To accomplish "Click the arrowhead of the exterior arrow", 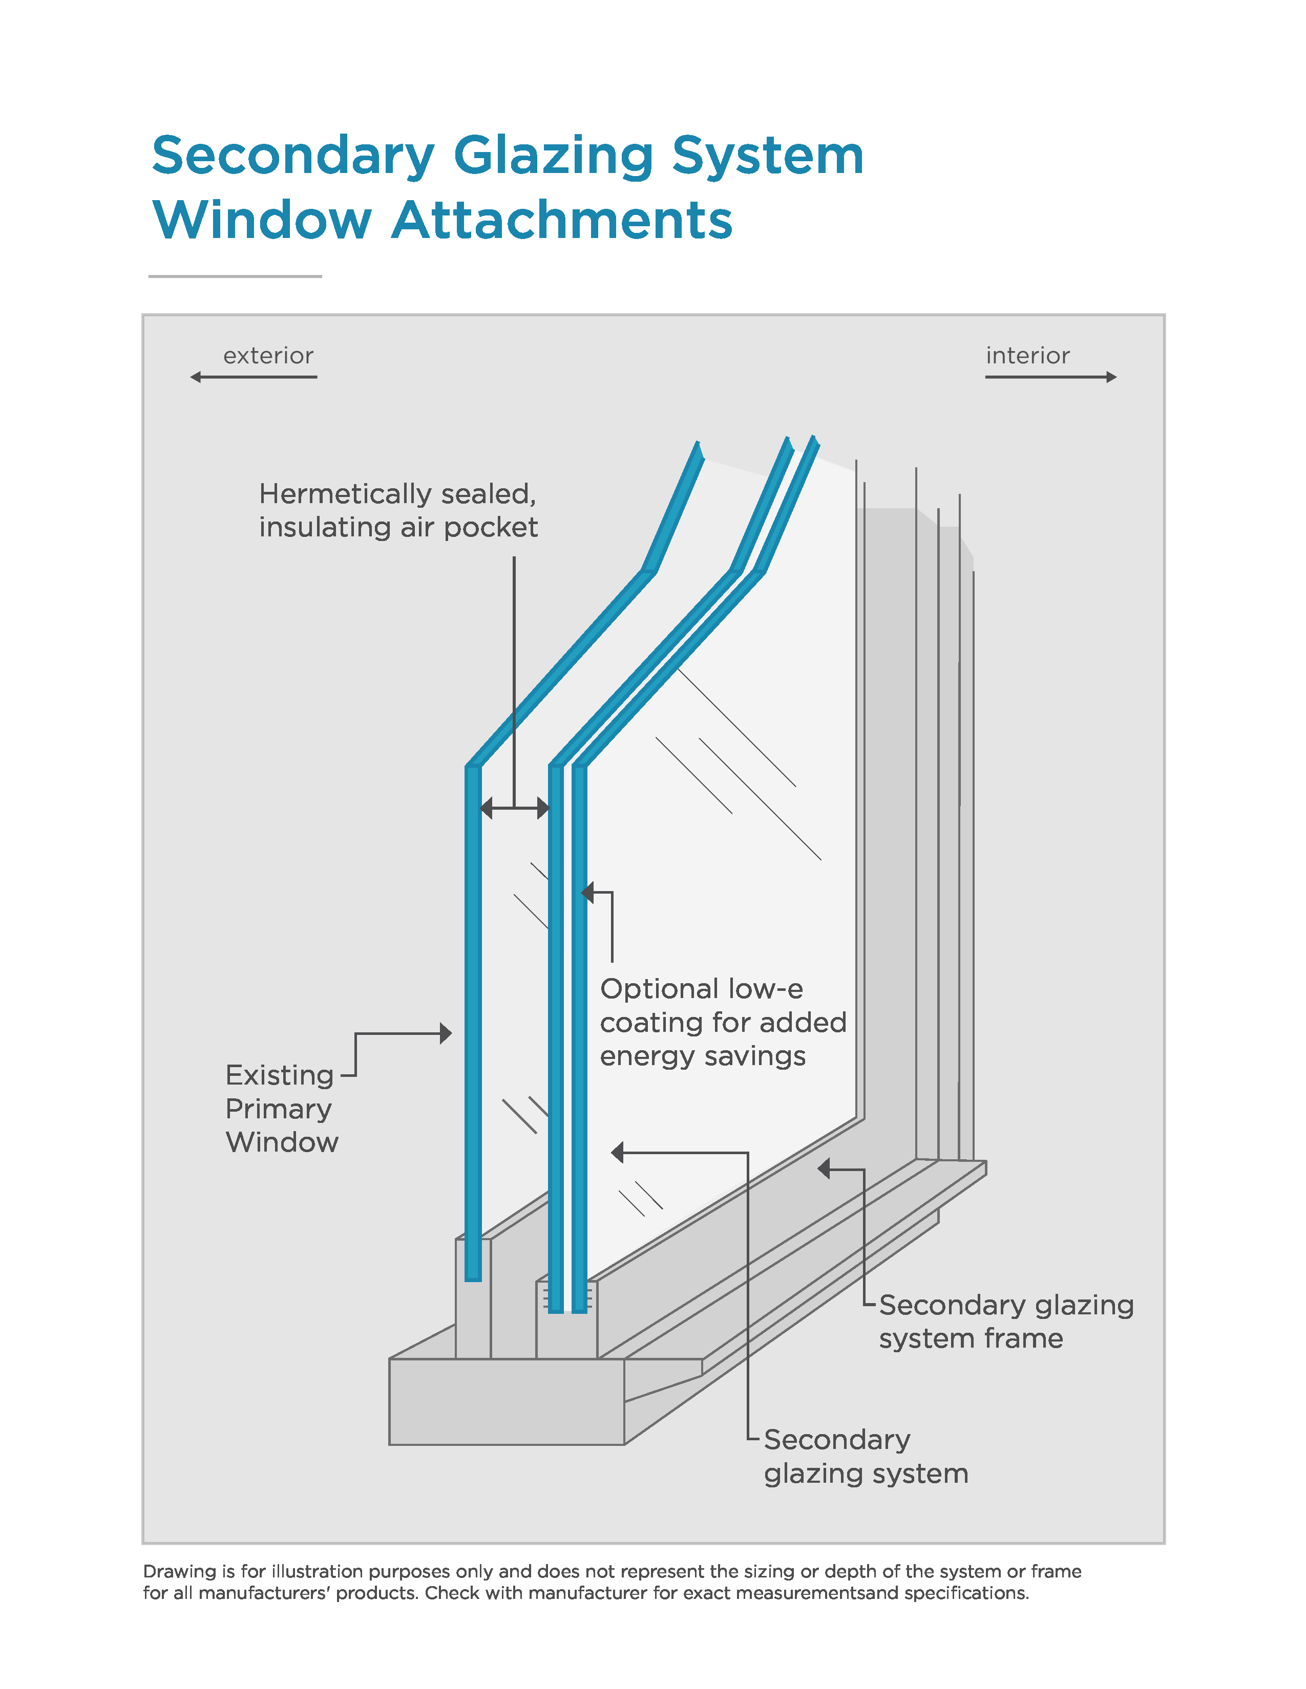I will [196, 377].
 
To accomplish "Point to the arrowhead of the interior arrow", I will [1112, 377].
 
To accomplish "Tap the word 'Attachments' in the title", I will [562, 221].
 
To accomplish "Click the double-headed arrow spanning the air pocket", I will [515, 809].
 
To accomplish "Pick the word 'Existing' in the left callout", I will [279, 1076].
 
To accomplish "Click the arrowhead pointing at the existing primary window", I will [446, 1033].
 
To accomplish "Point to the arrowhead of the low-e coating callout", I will [587, 893].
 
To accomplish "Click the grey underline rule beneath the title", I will [235, 276].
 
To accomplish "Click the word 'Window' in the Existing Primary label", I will [282, 1143].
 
